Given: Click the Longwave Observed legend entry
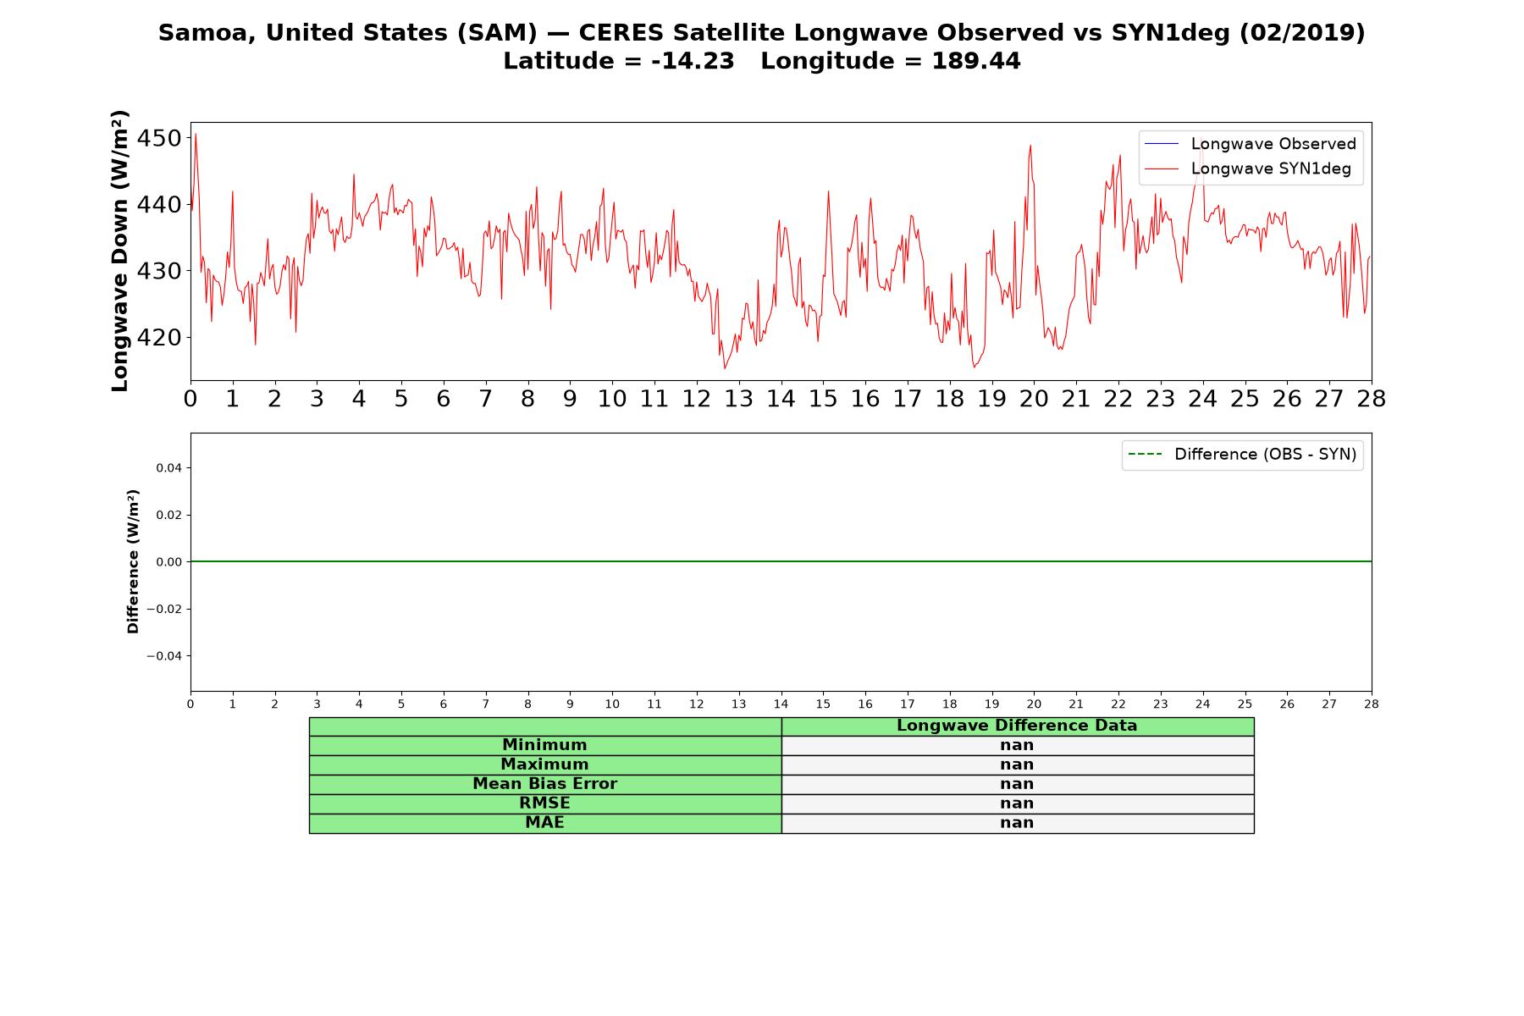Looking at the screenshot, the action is [1251, 144].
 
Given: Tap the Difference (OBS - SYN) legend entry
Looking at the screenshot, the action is [1243, 455].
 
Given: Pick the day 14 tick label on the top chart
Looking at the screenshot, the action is [781, 399].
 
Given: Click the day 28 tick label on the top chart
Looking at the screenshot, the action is [1371, 399].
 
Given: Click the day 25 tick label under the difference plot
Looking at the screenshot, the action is [1245, 704].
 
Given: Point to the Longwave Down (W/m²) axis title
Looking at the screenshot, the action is [120, 251].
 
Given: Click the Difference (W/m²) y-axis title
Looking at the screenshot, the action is [133, 561].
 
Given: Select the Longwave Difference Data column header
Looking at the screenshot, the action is [1017, 726].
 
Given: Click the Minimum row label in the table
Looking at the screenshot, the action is [544, 745].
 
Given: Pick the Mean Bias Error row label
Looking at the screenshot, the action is [544, 784].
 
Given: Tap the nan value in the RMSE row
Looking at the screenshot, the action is [1017, 803].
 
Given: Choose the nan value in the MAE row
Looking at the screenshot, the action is [1017, 823].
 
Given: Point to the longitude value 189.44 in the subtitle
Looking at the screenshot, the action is [976, 61].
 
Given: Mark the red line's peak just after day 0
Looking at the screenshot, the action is [196, 134].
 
